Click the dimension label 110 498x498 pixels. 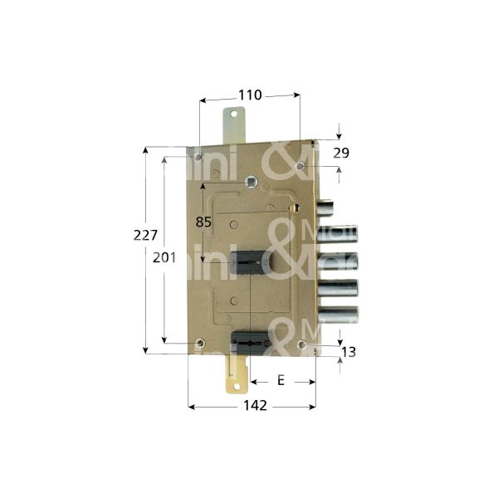coord(250,95)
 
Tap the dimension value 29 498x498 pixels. coord(341,153)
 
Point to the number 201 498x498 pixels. coord(166,257)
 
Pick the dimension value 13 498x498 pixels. coord(349,353)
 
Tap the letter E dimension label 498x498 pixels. coord(281,380)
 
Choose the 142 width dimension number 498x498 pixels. coord(254,406)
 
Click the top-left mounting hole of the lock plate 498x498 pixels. coord(199,154)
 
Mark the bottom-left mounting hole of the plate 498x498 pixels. coord(199,343)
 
